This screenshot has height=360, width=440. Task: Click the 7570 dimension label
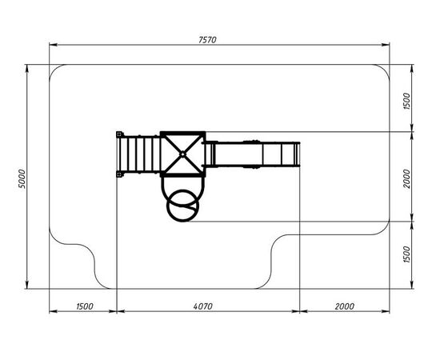(x=207, y=40)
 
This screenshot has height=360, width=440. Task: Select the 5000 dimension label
(x=22, y=178)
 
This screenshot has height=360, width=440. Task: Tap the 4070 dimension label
(x=202, y=306)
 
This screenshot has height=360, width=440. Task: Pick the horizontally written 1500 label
(x=85, y=306)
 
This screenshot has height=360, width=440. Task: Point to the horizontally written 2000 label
(x=344, y=306)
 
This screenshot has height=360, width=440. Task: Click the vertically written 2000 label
(x=406, y=178)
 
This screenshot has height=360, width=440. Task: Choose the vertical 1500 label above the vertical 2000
(x=406, y=101)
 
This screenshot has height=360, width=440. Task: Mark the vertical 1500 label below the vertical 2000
(x=406, y=254)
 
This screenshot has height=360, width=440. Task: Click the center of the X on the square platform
(x=182, y=154)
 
